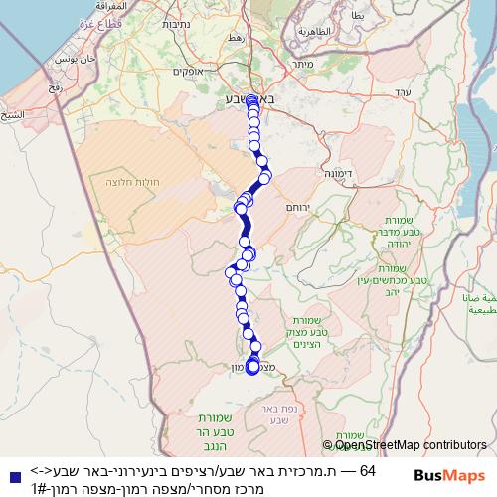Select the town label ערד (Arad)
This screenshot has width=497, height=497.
[x=402, y=91]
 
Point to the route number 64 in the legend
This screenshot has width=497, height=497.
[x=367, y=469]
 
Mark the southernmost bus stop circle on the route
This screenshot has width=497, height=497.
[x=252, y=367]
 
